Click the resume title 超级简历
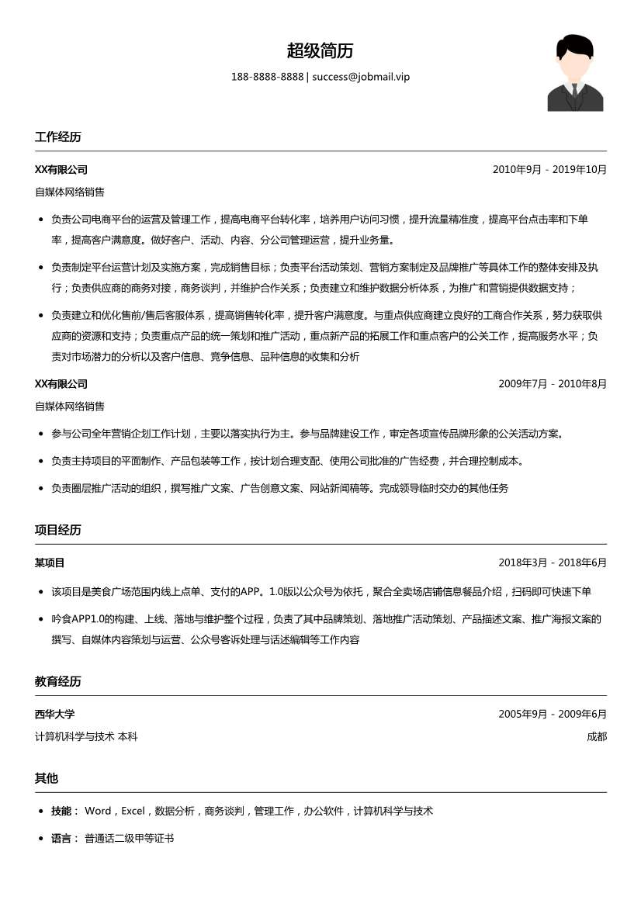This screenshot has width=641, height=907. [320, 51]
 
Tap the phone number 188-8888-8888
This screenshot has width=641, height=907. [267, 77]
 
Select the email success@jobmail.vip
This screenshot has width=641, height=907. [361, 77]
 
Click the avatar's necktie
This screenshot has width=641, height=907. [575, 91]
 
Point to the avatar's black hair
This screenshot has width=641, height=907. [574, 45]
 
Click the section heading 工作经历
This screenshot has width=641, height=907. [58, 137]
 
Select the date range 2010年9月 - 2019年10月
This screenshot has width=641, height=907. [549, 170]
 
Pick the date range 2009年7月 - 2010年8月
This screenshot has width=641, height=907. [553, 384]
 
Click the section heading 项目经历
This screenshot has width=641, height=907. [58, 530]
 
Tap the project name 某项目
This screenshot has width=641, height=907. [50, 563]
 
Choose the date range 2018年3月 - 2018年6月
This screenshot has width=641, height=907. [553, 563]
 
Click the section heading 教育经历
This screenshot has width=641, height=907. [58, 681]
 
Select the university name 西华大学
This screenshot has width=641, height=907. [55, 714]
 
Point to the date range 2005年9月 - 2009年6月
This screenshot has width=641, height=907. [553, 714]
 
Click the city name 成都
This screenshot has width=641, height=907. [597, 736]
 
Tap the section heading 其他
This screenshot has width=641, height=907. [47, 778]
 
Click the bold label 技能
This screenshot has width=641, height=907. [64, 811]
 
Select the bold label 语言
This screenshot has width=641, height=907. [64, 839]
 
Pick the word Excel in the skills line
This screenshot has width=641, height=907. [133, 811]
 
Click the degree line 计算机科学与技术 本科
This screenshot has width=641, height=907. [86, 736]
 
